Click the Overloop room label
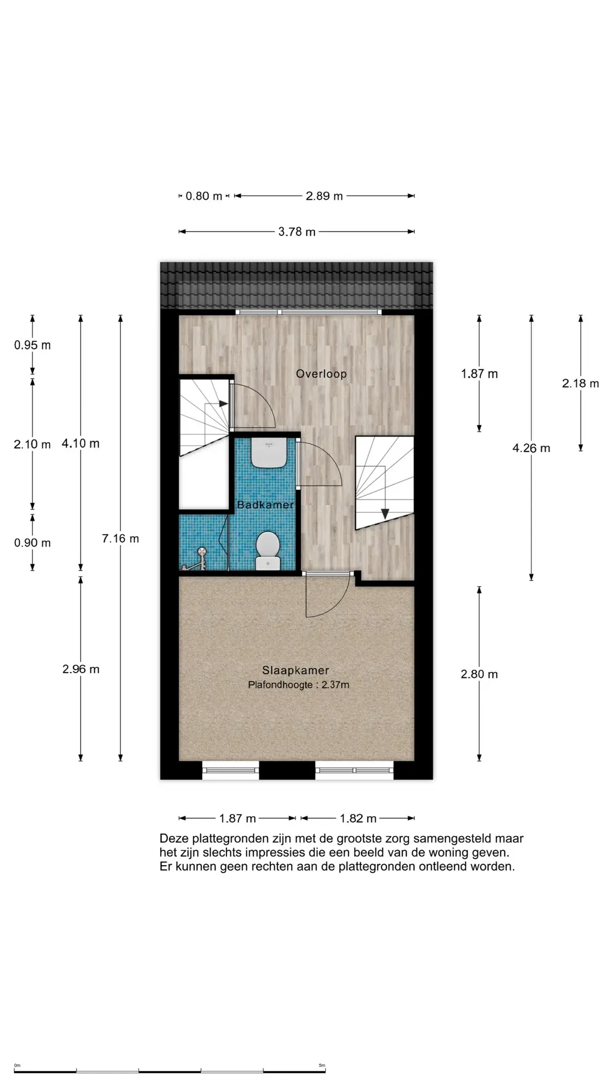(321, 374)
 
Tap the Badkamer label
(265, 505)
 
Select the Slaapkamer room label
(295, 670)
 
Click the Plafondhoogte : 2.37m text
(299, 685)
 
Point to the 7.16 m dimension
(120, 538)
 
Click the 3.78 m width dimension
(297, 232)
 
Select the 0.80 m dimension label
(204, 196)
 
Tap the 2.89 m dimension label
(324, 196)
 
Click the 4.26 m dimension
(531, 448)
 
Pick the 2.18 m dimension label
(580, 383)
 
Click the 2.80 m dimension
(479, 674)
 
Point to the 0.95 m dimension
(32, 345)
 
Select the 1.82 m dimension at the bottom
(358, 818)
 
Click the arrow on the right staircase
(385, 513)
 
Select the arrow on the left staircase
(223, 404)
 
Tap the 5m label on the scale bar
(322, 1066)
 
